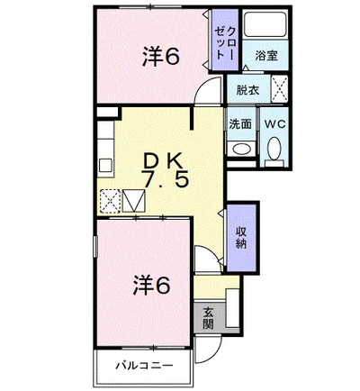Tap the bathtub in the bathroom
tap(267, 28)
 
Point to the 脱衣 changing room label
tap(247, 90)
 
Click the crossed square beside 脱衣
tap(279, 90)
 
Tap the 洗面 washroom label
tap(239, 124)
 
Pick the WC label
tap(274, 124)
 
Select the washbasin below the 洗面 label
tap(239, 150)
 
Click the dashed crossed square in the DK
tap(110, 201)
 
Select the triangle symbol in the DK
tap(134, 201)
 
